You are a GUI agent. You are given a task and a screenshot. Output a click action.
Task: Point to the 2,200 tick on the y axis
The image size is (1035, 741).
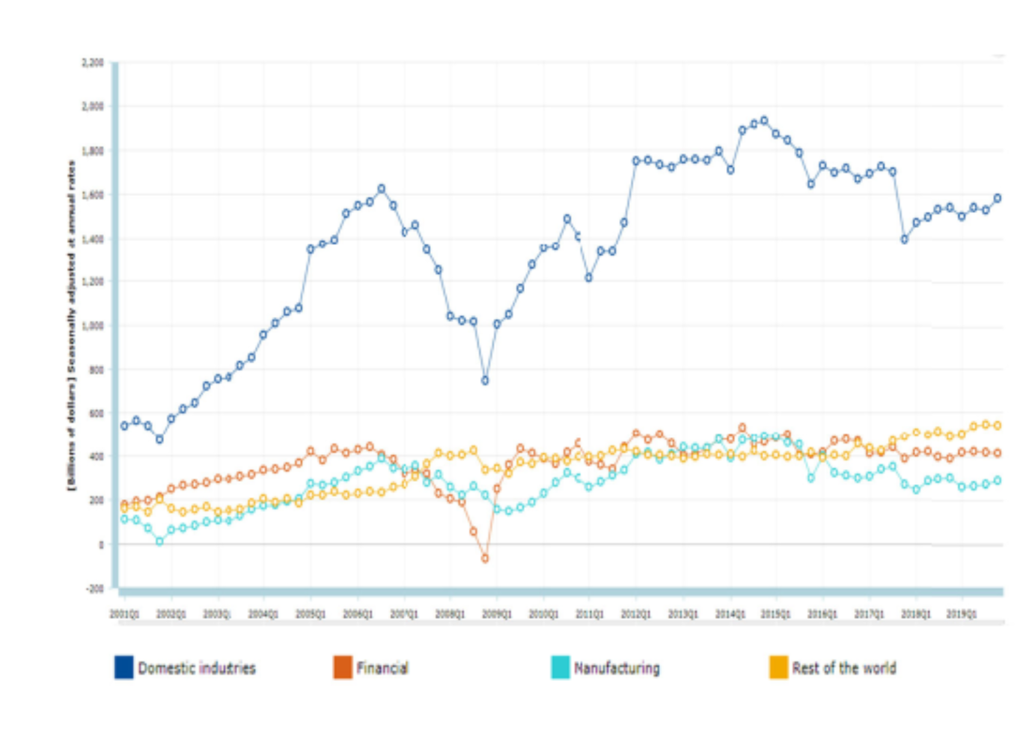point(93,63)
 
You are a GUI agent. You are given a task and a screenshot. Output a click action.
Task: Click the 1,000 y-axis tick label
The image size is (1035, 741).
point(93,325)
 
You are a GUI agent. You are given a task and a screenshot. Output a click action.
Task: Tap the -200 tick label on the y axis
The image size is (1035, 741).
point(95,588)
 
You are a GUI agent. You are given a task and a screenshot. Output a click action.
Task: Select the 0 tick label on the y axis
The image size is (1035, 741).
point(101,545)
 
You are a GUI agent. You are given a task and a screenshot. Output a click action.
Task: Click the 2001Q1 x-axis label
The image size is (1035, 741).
point(124,614)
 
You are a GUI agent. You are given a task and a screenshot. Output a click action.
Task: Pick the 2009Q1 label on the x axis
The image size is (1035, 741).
point(496,614)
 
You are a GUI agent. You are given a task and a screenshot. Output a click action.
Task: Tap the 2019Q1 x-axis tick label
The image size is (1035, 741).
point(961,614)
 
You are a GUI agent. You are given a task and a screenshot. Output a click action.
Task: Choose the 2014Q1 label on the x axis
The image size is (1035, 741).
point(730,614)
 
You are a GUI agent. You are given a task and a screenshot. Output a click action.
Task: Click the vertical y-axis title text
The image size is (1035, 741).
point(72,325)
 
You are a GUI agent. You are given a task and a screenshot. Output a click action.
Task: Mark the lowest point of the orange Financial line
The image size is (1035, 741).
point(485,559)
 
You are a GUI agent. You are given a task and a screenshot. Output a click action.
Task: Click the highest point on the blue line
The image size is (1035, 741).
point(764,121)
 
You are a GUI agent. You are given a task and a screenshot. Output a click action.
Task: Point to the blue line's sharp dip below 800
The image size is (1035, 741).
point(485,381)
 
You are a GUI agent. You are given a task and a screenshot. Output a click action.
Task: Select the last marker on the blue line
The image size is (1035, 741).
point(997,198)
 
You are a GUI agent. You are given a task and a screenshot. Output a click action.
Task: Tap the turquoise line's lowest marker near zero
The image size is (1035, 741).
point(159,541)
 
